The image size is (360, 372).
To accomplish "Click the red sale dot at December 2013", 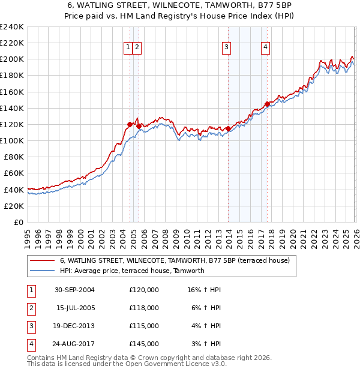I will [x=229, y=128].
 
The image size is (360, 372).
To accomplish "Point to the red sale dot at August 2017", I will [x=267, y=104].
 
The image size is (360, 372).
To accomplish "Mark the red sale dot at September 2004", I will [x=130, y=124].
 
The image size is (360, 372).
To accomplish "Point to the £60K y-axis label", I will [x=14, y=173].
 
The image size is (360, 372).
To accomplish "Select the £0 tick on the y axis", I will [x=19, y=222].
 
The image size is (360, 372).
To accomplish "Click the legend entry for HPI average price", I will [x=132, y=271].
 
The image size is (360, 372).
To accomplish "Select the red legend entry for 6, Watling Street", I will [x=175, y=260].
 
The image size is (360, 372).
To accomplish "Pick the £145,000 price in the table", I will [x=144, y=344].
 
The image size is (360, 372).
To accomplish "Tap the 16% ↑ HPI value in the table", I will [x=204, y=290].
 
